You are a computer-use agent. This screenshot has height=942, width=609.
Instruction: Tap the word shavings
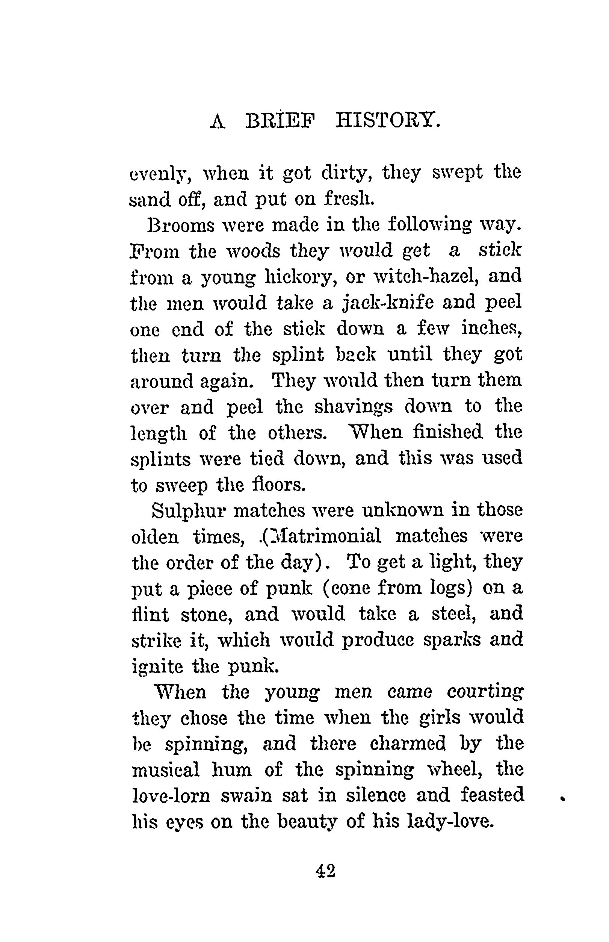tap(354, 407)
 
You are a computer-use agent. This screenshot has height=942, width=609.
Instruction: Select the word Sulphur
tap(189, 511)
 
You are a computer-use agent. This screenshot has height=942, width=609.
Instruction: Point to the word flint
tap(150, 615)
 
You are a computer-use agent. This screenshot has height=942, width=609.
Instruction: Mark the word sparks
tap(452, 641)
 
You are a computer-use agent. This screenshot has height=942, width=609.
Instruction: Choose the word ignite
tap(157, 668)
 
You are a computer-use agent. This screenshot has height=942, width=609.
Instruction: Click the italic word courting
tap(485, 693)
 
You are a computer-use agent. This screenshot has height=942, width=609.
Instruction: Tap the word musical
tap(166, 770)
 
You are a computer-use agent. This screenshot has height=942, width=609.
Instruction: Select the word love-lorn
tap(171, 796)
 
